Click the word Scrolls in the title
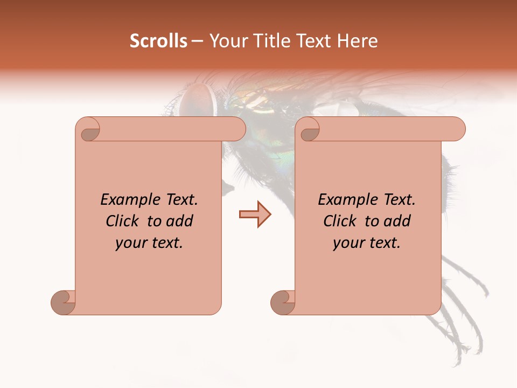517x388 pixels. click(158, 41)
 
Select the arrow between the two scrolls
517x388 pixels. click(255, 214)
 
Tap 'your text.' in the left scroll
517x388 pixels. click(149, 243)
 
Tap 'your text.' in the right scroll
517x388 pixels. click(367, 243)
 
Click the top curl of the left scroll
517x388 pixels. click(88, 130)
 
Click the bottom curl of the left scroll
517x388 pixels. click(64, 302)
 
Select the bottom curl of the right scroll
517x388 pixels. click(283, 302)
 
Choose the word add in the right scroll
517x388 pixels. click(397, 221)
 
